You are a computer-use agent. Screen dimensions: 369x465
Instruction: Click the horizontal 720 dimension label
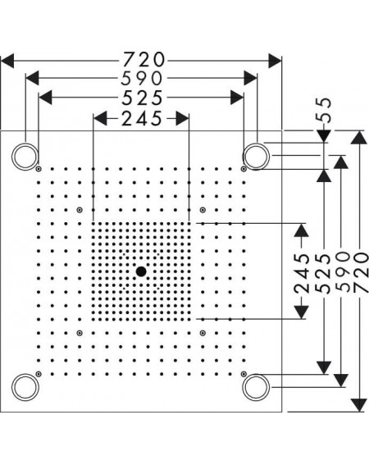[143, 59]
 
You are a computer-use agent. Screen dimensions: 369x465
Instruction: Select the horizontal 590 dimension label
[142, 79]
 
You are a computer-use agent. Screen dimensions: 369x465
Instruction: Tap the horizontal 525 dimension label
[143, 98]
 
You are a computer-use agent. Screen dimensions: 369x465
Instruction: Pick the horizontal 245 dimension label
[142, 118]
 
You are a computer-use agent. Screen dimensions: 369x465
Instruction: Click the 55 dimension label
[323, 110]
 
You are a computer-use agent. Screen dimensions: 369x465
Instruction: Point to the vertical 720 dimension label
[361, 272]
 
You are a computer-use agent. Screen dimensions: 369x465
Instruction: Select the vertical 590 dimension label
[342, 272]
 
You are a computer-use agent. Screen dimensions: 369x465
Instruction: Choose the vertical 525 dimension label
[323, 272]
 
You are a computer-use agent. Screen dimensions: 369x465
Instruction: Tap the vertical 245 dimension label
[302, 272]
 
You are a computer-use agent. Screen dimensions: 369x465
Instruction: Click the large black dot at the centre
[141, 271]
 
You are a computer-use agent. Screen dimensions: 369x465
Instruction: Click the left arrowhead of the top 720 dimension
[7, 61]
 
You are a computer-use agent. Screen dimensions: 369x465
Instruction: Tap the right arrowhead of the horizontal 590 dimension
[250, 78]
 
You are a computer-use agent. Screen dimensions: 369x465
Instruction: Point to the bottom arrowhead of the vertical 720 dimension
[358, 405]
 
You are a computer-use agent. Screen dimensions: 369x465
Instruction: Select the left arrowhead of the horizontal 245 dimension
[100, 118]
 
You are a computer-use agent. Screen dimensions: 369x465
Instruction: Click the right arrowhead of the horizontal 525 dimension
[237, 98]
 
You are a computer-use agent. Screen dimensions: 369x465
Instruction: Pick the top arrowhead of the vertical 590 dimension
[341, 162]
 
